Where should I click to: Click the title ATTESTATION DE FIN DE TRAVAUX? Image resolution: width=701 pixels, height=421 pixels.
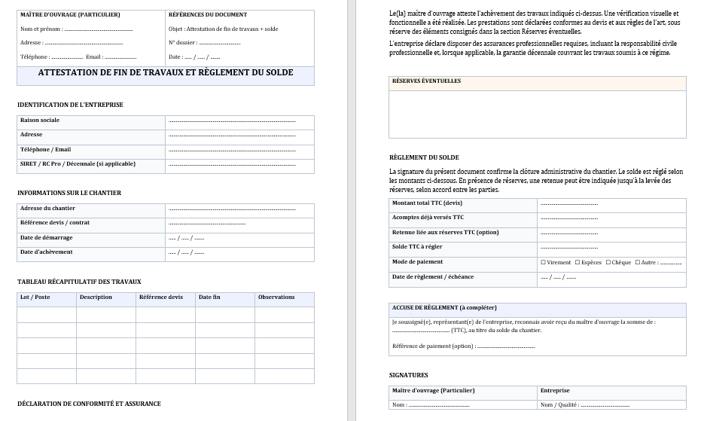pyautogui.click(x=166, y=73)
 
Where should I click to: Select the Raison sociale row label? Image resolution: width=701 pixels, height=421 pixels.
pyautogui.click(x=40, y=121)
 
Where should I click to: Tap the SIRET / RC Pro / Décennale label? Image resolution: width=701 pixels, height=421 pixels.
pyautogui.click(x=78, y=164)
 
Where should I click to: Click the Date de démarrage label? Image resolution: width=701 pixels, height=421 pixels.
pyautogui.click(x=47, y=238)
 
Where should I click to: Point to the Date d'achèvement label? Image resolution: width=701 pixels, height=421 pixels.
pyautogui.click(x=47, y=252)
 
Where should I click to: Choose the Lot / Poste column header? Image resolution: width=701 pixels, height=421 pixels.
pyautogui.click(x=35, y=297)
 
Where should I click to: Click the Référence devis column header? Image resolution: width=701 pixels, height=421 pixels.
pyautogui.click(x=161, y=297)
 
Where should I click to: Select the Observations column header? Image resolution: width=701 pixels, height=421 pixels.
pyautogui.click(x=276, y=297)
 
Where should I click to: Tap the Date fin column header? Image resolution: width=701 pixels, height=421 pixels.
pyautogui.click(x=209, y=297)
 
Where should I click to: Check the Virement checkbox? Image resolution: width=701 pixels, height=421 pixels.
pyautogui.click(x=544, y=263)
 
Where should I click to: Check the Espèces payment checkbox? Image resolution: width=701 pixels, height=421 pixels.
pyautogui.click(x=578, y=263)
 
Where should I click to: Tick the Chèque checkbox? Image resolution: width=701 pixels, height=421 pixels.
pyautogui.click(x=608, y=263)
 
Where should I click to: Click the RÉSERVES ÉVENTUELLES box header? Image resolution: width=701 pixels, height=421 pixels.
pyautogui.click(x=426, y=81)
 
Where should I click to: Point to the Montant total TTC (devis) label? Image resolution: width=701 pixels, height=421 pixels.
pyautogui.click(x=427, y=203)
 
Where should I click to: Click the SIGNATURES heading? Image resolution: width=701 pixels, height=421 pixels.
pyautogui.click(x=409, y=375)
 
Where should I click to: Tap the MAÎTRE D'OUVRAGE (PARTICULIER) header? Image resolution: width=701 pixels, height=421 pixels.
pyautogui.click(x=70, y=15)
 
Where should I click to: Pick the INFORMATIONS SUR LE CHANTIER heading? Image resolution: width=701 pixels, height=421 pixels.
pyautogui.click(x=69, y=193)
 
